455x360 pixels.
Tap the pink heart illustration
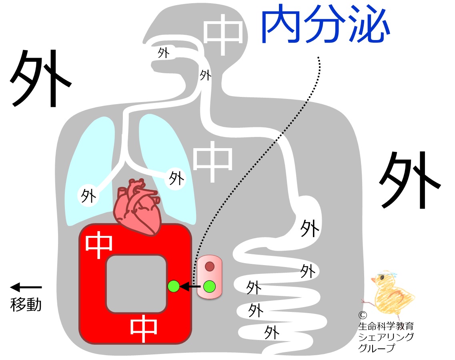[138, 206]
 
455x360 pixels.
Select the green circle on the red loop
[173, 286]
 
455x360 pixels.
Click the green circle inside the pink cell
[209, 286]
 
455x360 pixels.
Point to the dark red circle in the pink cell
[210, 266]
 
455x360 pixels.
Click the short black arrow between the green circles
[190, 286]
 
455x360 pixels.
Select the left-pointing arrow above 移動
[26, 287]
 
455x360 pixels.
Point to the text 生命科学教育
[386, 326]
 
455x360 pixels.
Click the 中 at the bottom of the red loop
[144, 329]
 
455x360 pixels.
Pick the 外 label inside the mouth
[163, 53]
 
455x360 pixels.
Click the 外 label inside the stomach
[310, 229]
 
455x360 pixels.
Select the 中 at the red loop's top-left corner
[99, 244]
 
